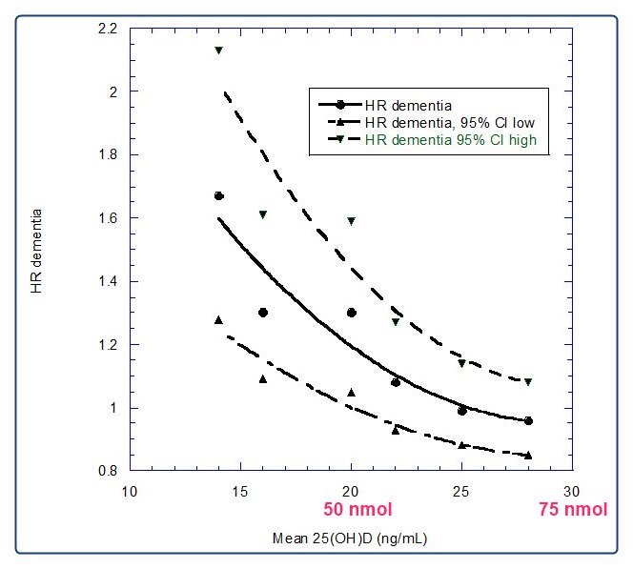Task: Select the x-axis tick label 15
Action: [240, 491]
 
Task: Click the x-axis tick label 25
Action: [461, 491]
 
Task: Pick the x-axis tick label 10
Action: [130, 491]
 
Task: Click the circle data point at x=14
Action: [219, 195]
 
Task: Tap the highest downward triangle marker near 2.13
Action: [219, 51]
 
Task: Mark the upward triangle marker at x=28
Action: [528, 456]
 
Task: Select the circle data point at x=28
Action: [528, 420]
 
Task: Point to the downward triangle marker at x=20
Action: [352, 221]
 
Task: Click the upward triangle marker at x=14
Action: [219, 320]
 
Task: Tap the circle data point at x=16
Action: [263, 313]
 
